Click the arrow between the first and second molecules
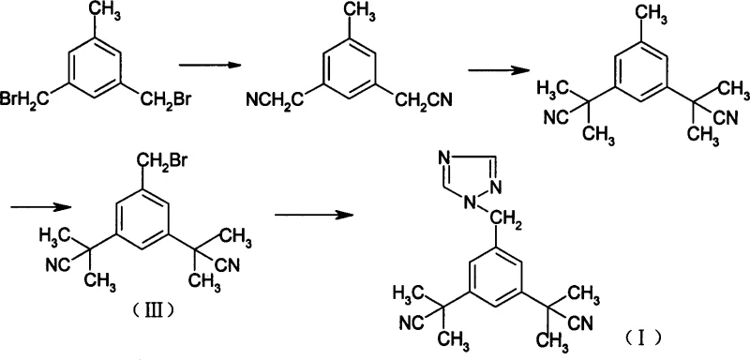click(x=205, y=65)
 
